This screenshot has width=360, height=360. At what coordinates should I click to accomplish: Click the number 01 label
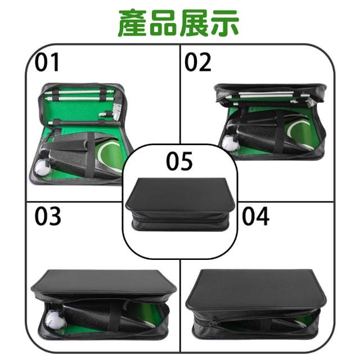tap(47, 62)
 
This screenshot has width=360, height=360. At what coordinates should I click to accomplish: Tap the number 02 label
tap(197, 62)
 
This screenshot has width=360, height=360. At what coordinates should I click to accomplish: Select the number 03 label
tap(48, 216)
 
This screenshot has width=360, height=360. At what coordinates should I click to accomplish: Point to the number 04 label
tap(255, 216)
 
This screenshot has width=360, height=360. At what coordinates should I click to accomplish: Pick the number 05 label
tap(179, 161)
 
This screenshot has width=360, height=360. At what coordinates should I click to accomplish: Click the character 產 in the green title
tap(133, 23)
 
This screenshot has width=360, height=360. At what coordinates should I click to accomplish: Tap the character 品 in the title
tap(163, 23)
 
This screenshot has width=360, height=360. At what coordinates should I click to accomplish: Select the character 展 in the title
tap(194, 23)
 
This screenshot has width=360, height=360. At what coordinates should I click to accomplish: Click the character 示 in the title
tap(224, 23)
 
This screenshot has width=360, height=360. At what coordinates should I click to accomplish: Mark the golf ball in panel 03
tap(55, 319)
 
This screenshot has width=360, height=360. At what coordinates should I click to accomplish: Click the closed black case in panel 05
tap(180, 204)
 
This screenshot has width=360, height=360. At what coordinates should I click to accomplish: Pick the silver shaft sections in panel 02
tap(266, 94)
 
